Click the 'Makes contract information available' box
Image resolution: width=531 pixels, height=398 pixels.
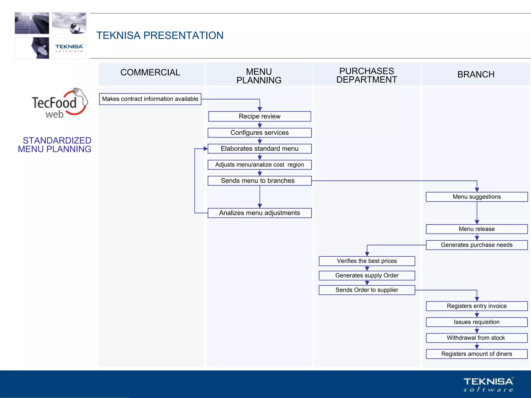[x=150, y=99]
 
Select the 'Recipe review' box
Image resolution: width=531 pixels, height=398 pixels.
[x=260, y=116]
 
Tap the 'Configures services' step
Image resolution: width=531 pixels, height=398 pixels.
[x=260, y=133]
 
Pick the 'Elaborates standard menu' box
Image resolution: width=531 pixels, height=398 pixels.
[x=260, y=149]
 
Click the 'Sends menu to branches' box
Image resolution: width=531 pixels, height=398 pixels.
[x=260, y=181]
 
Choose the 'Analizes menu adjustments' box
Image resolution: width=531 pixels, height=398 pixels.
[x=260, y=213]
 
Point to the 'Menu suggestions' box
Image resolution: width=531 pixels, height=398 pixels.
[x=477, y=197]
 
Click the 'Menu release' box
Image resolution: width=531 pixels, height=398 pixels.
[x=477, y=229]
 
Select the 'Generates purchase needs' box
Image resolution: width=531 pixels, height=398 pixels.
[x=477, y=245]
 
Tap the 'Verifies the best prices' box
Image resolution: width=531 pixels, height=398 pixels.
[x=367, y=261]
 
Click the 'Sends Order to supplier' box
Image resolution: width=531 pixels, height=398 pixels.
[x=367, y=290]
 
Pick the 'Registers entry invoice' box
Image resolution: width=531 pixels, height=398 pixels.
[x=477, y=306]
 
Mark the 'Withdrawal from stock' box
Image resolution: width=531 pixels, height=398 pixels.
[x=477, y=338]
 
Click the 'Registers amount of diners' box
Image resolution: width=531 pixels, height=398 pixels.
[x=477, y=354]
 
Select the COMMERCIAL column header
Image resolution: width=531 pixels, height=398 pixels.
[x=150, y=73]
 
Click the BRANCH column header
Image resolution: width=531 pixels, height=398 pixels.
[x=476, y=74]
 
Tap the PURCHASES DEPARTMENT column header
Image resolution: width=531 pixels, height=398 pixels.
[x=367, y=75]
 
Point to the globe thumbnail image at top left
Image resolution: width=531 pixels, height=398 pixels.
[x=69, y=23]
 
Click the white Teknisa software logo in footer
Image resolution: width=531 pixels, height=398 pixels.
[x=488, y=385]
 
